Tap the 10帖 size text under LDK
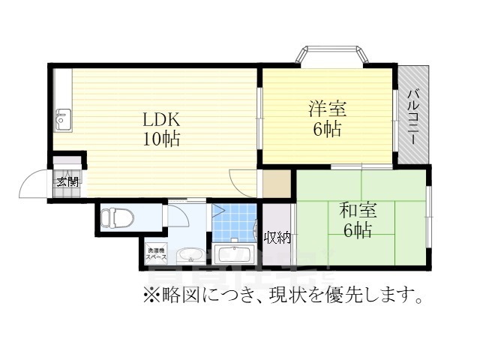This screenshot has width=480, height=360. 162,139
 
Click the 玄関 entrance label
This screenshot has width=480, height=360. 66,181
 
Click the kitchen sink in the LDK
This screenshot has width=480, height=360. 62,119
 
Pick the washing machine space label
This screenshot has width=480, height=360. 157,253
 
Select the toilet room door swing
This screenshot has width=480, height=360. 177,215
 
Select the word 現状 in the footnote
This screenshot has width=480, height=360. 296,295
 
